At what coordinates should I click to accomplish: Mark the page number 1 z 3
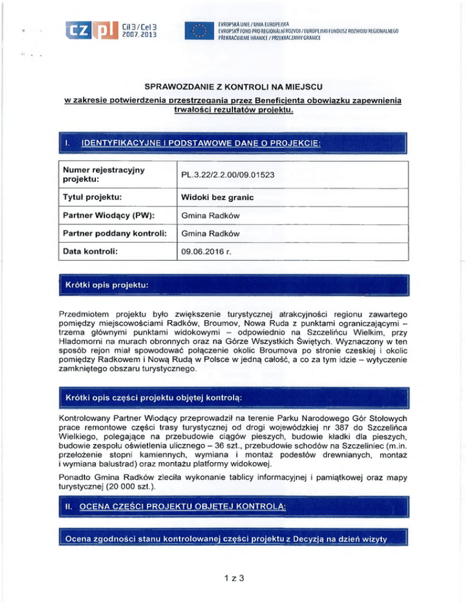pyautogui.click(x=233, y=578)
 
